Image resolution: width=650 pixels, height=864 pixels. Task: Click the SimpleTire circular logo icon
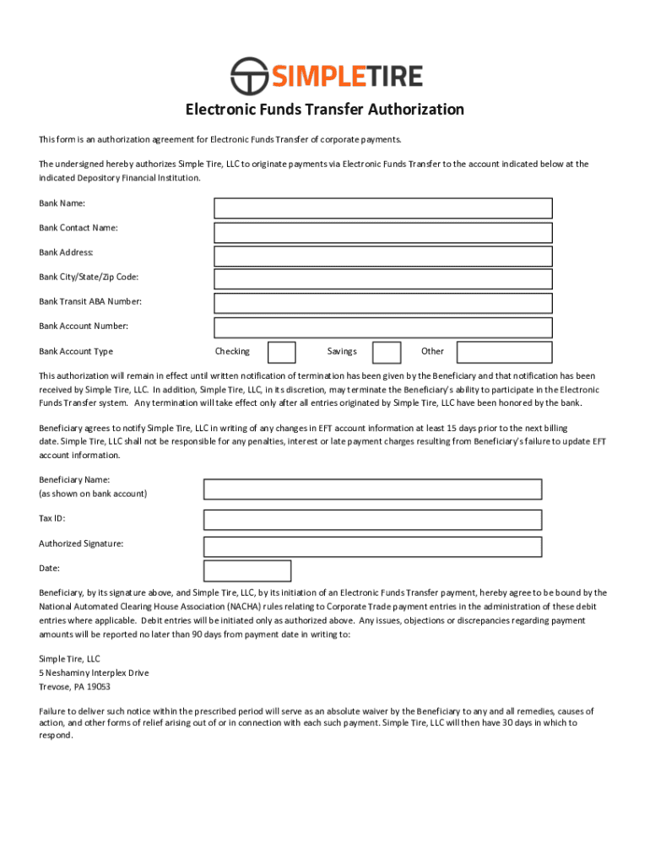pyautogui.click(x=249, y=76)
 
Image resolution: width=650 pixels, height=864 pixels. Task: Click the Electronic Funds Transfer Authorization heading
pyautogui.click(x=325, y=110)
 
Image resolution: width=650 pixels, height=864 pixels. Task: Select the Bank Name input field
pyautogui.click(x=382, y=208)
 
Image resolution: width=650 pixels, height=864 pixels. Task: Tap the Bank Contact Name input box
pyautogui.click(x=382, y=232)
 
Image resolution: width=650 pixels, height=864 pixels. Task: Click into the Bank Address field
pyautogui.click(x=382, y=256)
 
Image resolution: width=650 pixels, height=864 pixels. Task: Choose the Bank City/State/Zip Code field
pyautogui.click(x=382, y=279)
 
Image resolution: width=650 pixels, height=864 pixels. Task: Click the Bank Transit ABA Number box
pyautogui.click(x=382, y=303)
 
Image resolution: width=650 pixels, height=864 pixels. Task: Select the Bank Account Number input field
pyautogui.click(x=382, y=327)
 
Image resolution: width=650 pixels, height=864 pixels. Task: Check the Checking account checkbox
pyautogui.click(x=281, y=352)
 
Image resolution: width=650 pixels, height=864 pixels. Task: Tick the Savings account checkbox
pyautogui.click(x=387, y=352)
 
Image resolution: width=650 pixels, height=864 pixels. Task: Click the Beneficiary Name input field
pyautogui.click(x=372, y=489)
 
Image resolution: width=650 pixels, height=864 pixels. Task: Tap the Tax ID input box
pyautogui.click(x=372, y=519)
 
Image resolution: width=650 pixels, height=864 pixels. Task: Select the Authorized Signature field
pyautogui.click(x=372, y=547)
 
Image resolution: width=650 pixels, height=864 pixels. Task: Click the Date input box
pyautogui.click(x=247, y=571)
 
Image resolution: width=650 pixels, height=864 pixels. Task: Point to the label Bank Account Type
pyautogui.click(x=76, y=352)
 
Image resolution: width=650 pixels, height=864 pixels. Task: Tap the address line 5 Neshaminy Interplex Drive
pyautogui.click(x=94, y=673)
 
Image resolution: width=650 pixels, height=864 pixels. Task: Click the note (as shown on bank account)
pyautogui.click(x=93, y=494)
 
